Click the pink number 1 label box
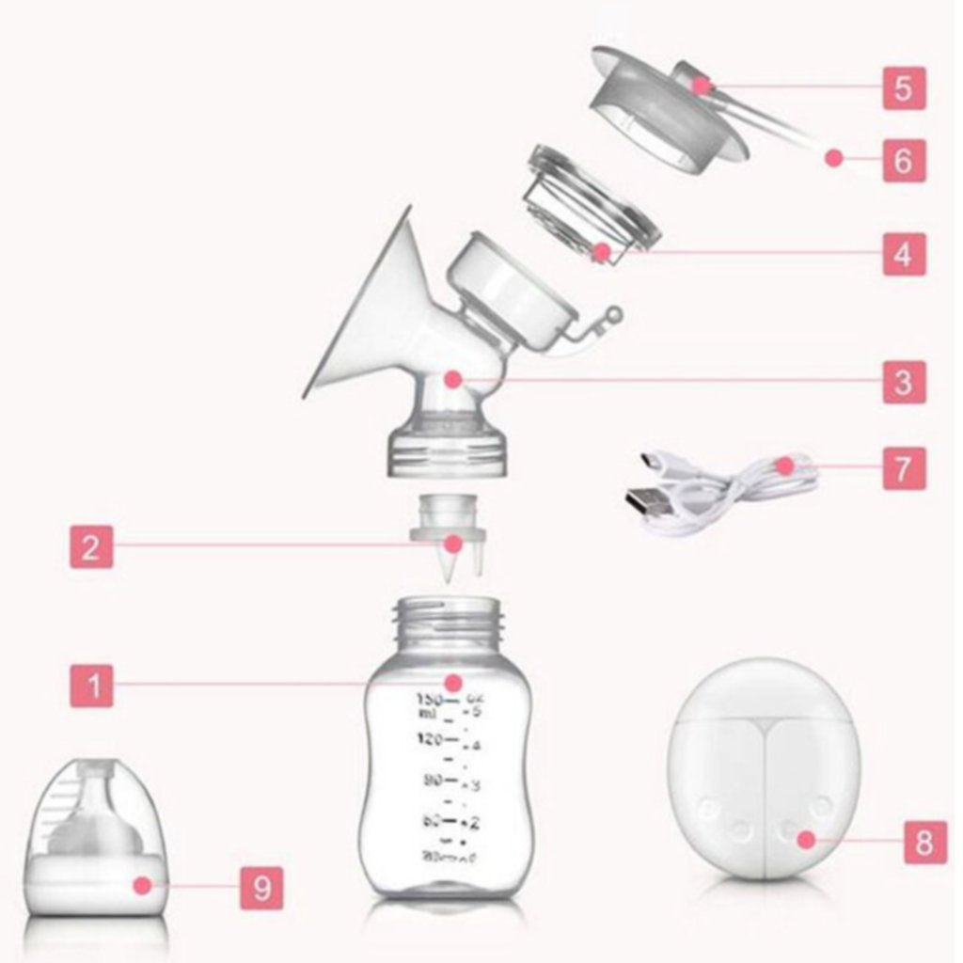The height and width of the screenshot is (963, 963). click(91, 685)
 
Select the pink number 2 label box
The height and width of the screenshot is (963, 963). click(91, 545)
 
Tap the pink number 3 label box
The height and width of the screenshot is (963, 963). click(903, 382)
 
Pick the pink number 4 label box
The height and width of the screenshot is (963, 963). click(903, 253)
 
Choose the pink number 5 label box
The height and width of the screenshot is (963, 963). click(903, 87)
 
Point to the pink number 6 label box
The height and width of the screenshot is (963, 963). click(903, 160)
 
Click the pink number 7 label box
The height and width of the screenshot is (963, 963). click(903, 467)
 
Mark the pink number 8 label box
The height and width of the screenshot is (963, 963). click(924, 842)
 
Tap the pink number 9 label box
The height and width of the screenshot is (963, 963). click(261, 886)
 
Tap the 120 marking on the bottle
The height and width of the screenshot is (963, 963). click(429, 740)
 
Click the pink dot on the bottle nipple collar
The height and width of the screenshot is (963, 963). click(141, 885)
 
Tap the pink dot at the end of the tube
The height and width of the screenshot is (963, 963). click(833, 158)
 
